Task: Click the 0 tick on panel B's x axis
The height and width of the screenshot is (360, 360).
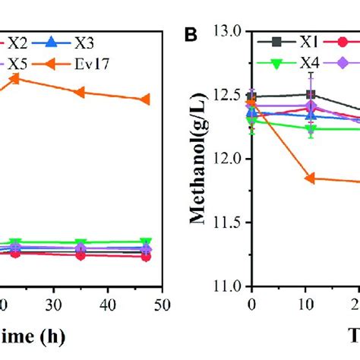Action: [252, 302]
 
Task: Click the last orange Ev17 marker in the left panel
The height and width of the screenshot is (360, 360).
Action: [146, 99]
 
